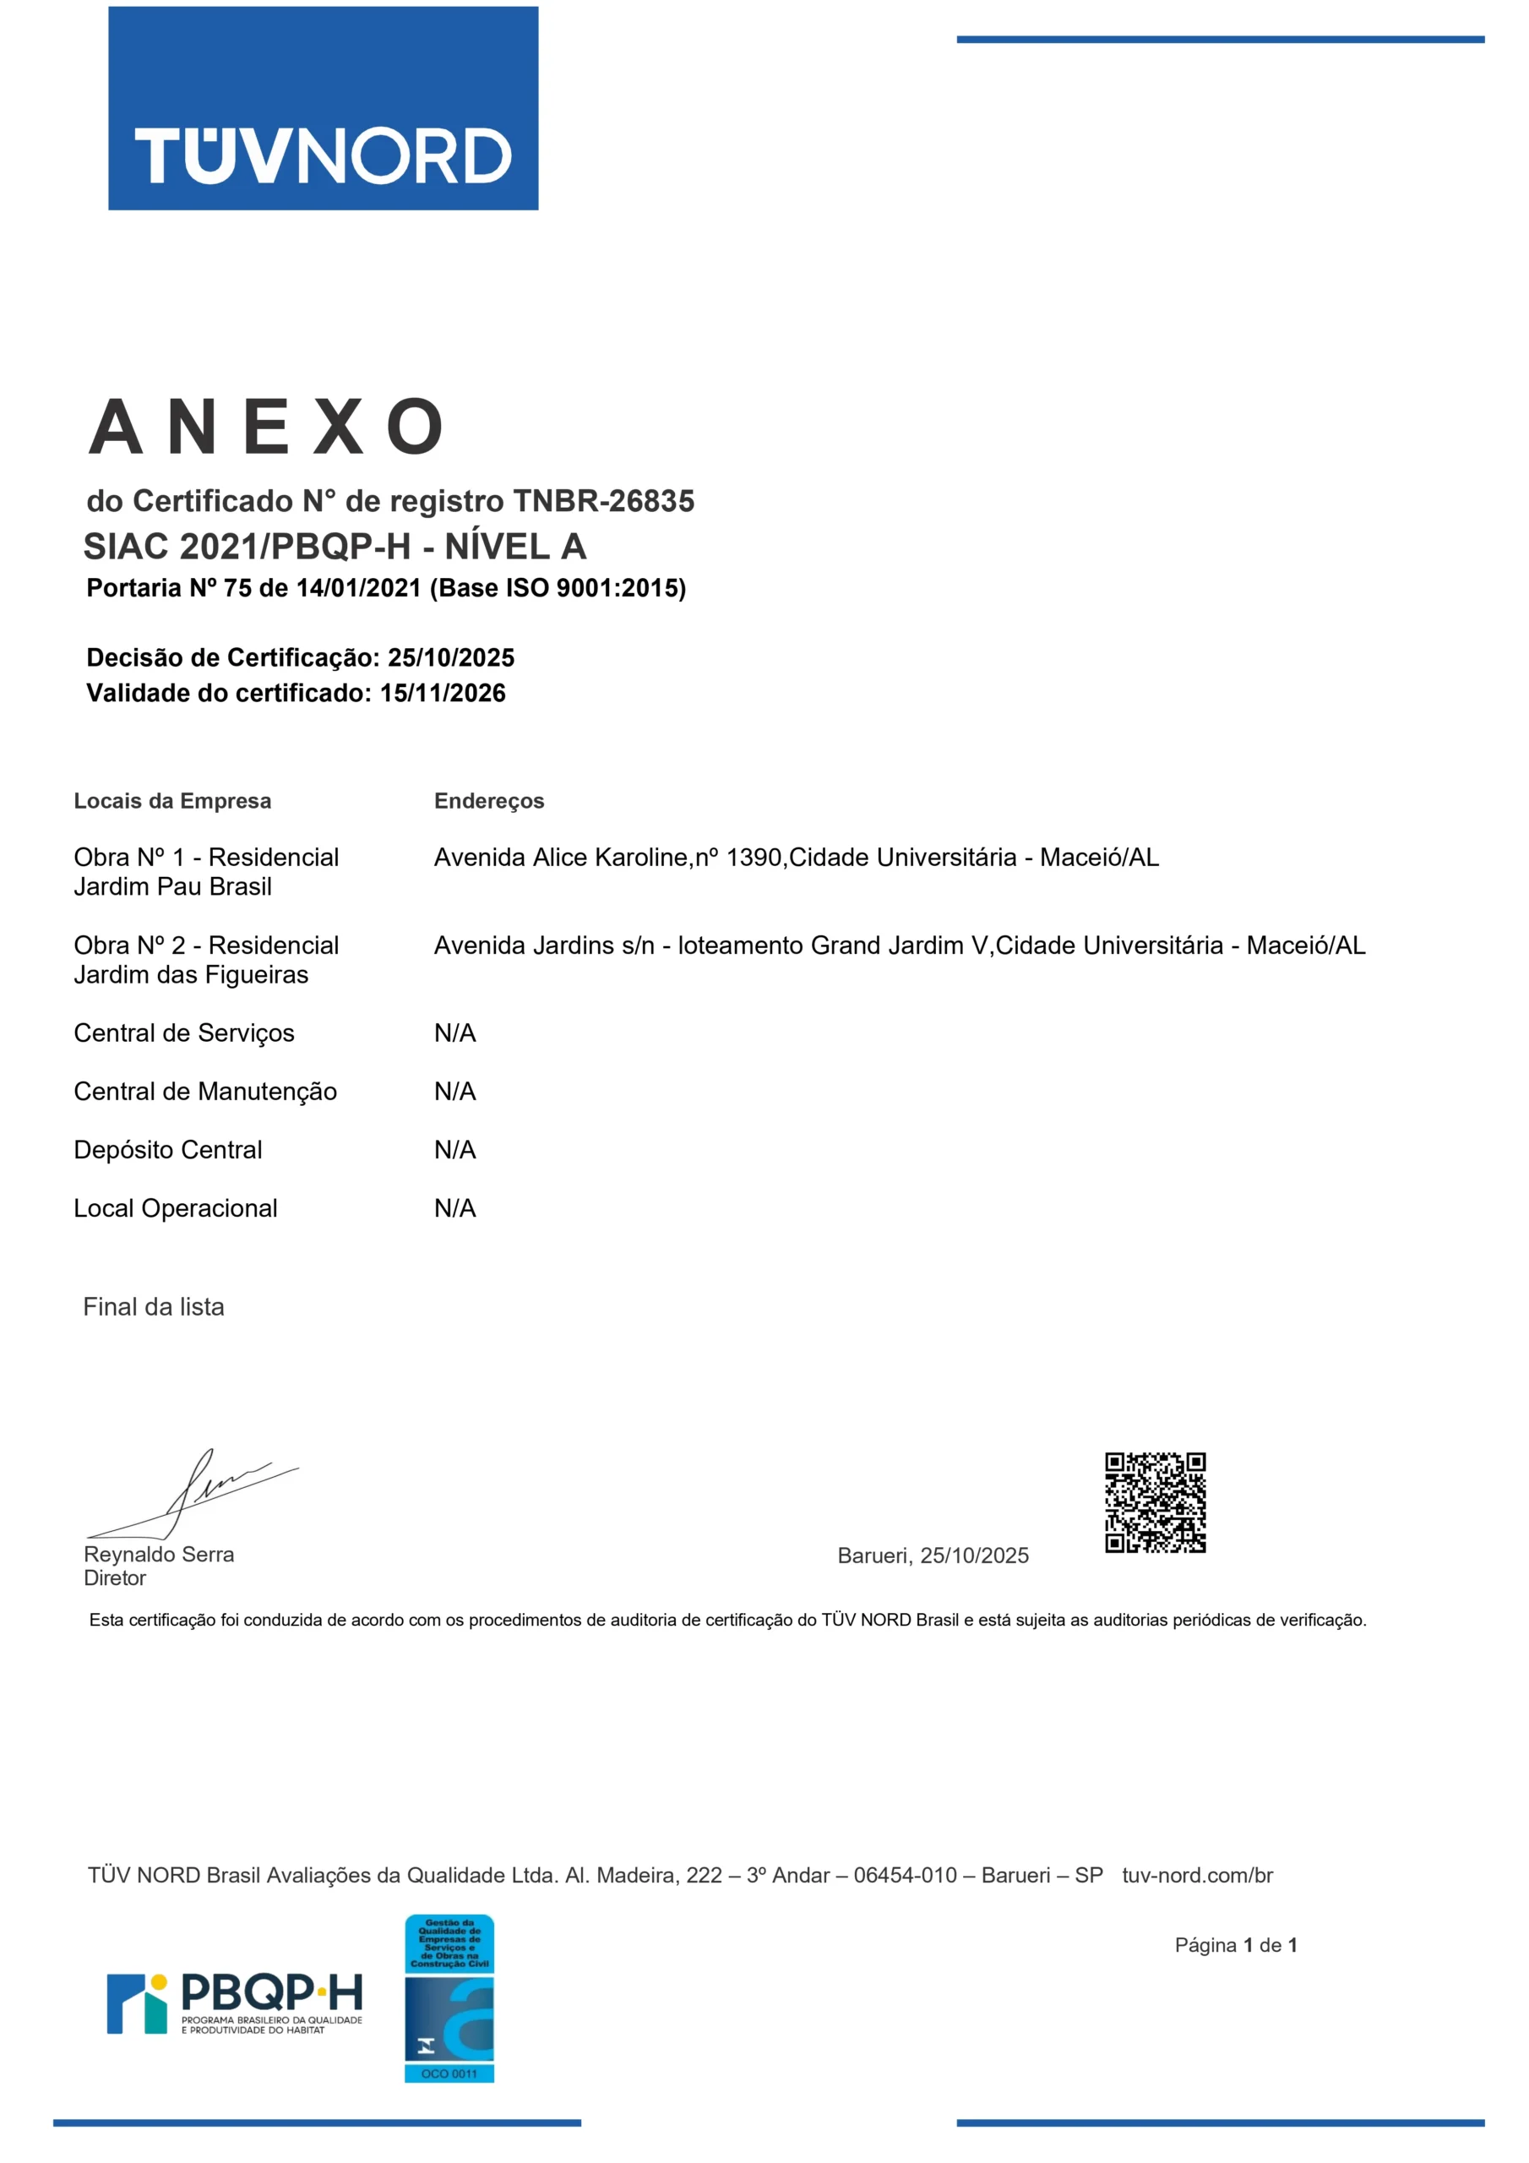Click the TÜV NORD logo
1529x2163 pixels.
pos(324,108)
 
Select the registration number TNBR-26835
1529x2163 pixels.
pos(603,501)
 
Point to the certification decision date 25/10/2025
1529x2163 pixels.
pos(451,657)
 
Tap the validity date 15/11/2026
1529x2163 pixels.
pos(443,694)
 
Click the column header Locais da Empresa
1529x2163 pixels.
pos(172,801)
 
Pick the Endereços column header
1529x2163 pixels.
pos(489,801)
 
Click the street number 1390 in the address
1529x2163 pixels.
pos(754,858)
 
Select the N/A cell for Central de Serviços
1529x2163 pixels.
pos(455,1033)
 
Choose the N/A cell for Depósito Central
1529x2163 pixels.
pos(455,1150)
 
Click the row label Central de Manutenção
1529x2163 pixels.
pos(205,1092)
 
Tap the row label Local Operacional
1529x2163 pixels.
pos(175,1209)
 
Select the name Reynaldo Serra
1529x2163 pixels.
pos(159,1555)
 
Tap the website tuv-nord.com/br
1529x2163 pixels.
pos(1196,1876)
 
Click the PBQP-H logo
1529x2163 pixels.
pos(235,2004)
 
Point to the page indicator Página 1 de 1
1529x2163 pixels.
pos(1236,1945)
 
